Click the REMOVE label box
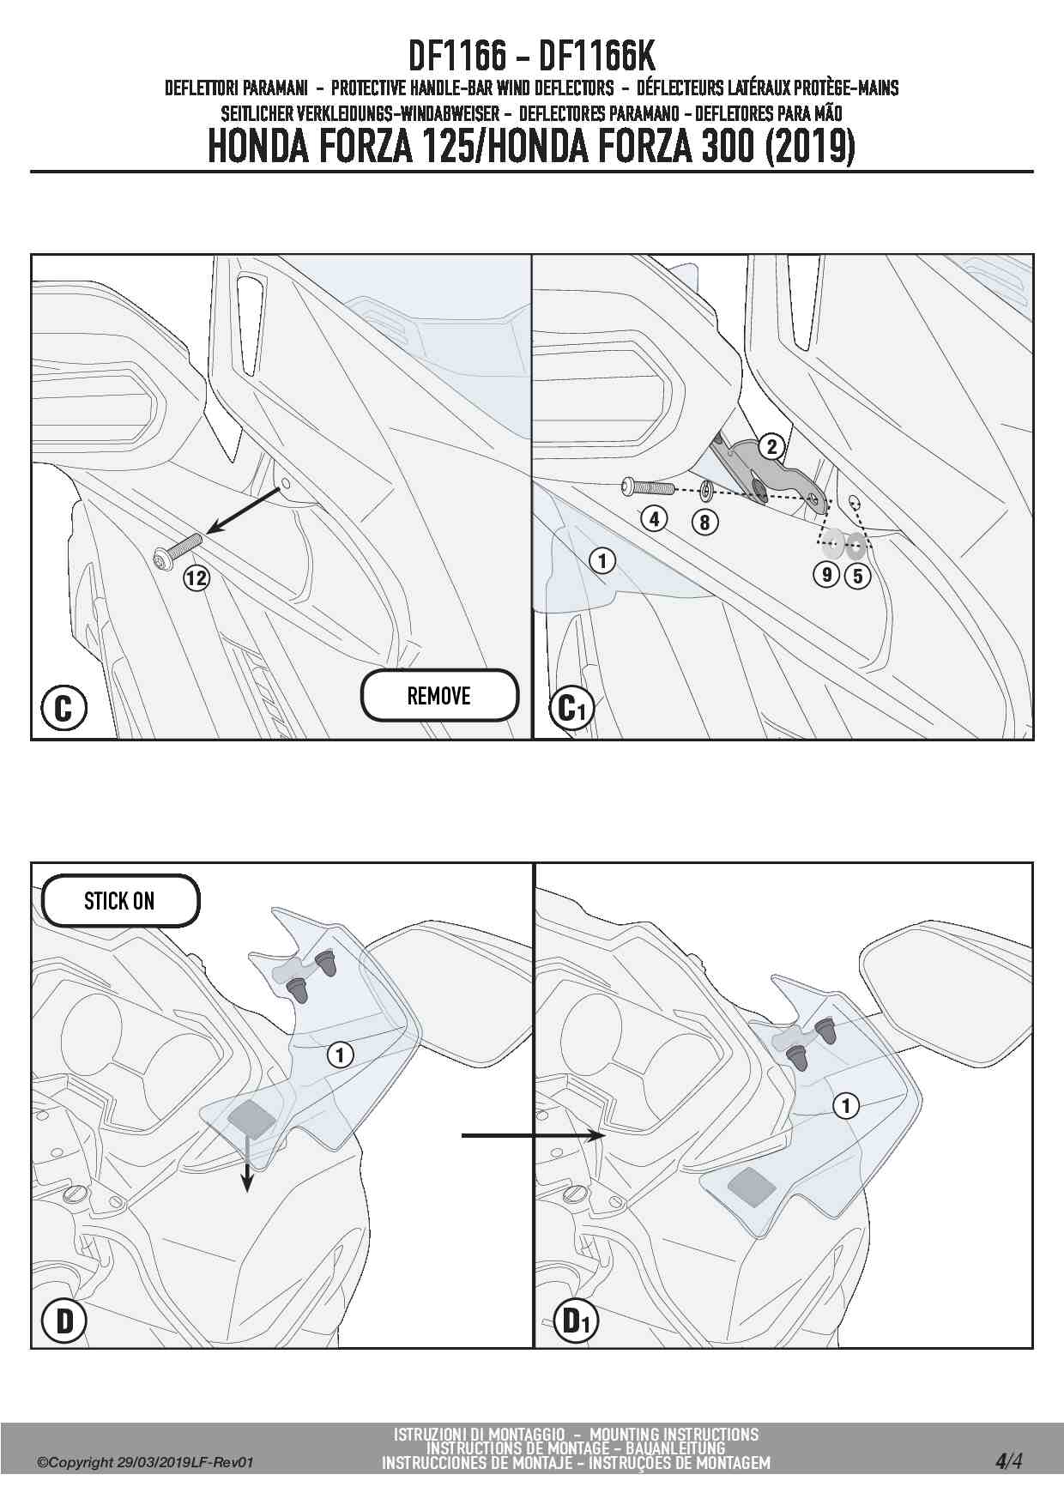tap(439, 696)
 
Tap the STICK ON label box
tap(120, 901)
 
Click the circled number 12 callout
tap(196, 577)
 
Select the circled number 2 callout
tap(771, 446)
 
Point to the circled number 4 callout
tap(654, 518)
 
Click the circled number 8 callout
tap(704, 522)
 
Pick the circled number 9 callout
tap(827, 574)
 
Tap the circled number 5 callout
tap(857, 575)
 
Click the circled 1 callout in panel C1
tap(602, 561)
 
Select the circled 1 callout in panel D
tap(341, 1054)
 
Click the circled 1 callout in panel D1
tap(846, 1106)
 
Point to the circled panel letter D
tap(64, 1322)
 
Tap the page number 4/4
tap(1008, 1461)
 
